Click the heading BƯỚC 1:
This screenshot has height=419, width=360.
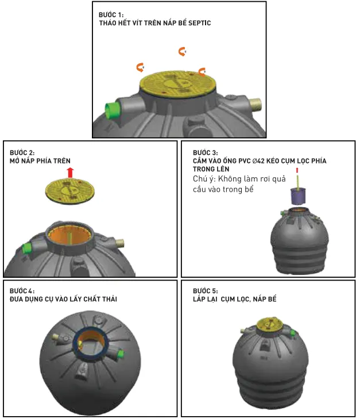111,15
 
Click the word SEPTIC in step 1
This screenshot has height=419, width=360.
199,23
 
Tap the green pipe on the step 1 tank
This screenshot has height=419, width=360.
111,110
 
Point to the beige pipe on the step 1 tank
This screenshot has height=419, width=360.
256,104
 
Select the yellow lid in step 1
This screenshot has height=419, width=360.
177,84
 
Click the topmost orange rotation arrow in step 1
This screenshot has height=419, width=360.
182,51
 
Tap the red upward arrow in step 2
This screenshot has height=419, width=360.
70,173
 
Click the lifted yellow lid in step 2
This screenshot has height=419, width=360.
70,191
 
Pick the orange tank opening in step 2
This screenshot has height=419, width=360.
69,236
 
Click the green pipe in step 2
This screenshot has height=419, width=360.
27,249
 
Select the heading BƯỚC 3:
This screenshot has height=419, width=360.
205,153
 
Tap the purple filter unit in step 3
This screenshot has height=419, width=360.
298,196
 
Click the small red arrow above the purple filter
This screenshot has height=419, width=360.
297,170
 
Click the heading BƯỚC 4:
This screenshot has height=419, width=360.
22,291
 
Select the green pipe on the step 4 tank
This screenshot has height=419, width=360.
120,354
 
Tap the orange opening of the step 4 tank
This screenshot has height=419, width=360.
91,342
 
